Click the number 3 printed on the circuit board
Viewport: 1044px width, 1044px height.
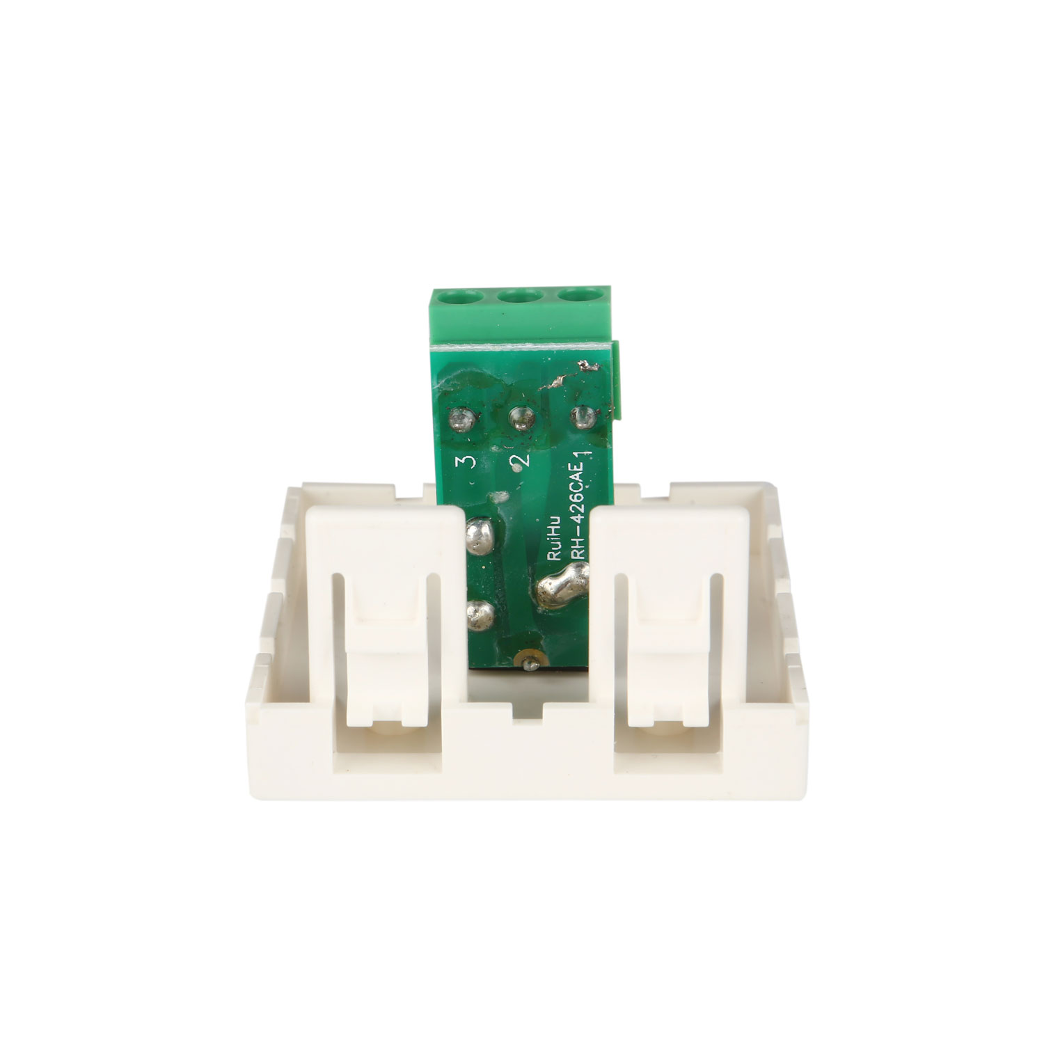464,462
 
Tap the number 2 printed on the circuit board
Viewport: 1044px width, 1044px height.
518,460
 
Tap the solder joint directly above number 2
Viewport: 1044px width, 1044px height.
522,418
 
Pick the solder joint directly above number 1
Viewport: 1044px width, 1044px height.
583,418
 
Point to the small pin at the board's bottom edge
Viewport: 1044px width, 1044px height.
529,661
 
